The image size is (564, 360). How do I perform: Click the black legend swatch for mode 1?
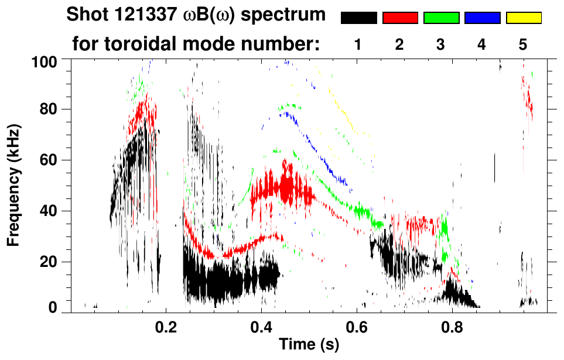pyautogui.click(x=358, y=18)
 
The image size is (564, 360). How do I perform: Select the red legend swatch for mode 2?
pyautogui.click(x=400, y=18)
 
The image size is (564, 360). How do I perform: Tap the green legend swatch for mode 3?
pyautogui.click(x=441, y=18)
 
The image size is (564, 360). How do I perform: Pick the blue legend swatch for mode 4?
pyautogui.click(x=482, y=18)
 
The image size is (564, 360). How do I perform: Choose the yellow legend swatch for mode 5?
pyautogui.click(x=523, y=18)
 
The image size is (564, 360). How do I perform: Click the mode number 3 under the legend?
pyautogui.click(x=441, y=44)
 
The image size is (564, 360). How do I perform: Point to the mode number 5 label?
pyautogui.click(x=523, y=44)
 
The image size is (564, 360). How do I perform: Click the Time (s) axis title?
pyautogui.click(x=309, y=345)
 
